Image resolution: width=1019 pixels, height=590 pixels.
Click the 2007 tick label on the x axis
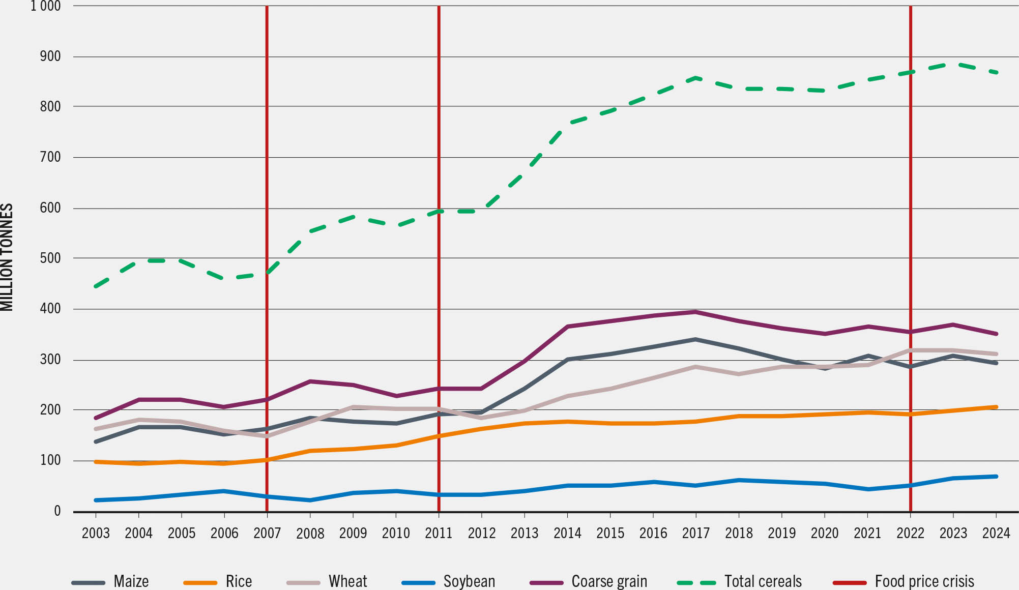coord(267,533)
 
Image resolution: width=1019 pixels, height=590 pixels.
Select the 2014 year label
coord(567,533)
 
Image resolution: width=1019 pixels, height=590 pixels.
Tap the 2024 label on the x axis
coord(996,533)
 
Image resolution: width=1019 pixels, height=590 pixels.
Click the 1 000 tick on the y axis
coord(46,6)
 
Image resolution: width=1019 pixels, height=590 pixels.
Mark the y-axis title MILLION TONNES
coord(7,257)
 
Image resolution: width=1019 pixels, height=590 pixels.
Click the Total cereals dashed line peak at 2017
coord(695,78)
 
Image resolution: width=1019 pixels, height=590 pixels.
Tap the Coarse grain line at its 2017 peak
coord(695,312)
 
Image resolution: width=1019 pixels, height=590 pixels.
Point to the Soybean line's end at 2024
coord(996,477)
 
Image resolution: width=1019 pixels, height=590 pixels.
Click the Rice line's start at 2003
coord(96,462)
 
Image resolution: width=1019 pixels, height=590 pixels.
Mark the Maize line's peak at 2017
coord(695,339)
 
